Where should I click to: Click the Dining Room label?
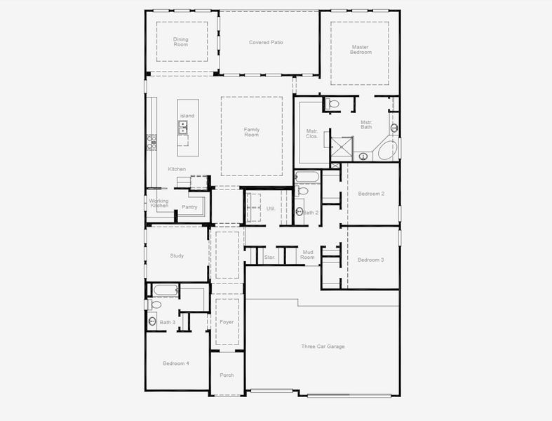181,42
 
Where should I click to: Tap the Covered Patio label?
266,42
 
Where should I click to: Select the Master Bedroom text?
361,50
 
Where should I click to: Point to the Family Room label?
252,132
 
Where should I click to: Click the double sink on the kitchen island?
182,127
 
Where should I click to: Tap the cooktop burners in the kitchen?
152,142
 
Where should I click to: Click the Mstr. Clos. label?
312,133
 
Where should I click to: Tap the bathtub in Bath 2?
307,176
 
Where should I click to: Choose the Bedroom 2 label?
371,194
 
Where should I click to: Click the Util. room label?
271,208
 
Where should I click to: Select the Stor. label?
269,258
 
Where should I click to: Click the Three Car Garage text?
323,347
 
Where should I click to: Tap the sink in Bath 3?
152,321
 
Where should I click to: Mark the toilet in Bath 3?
156,305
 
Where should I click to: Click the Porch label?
227,375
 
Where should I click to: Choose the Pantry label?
189,207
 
